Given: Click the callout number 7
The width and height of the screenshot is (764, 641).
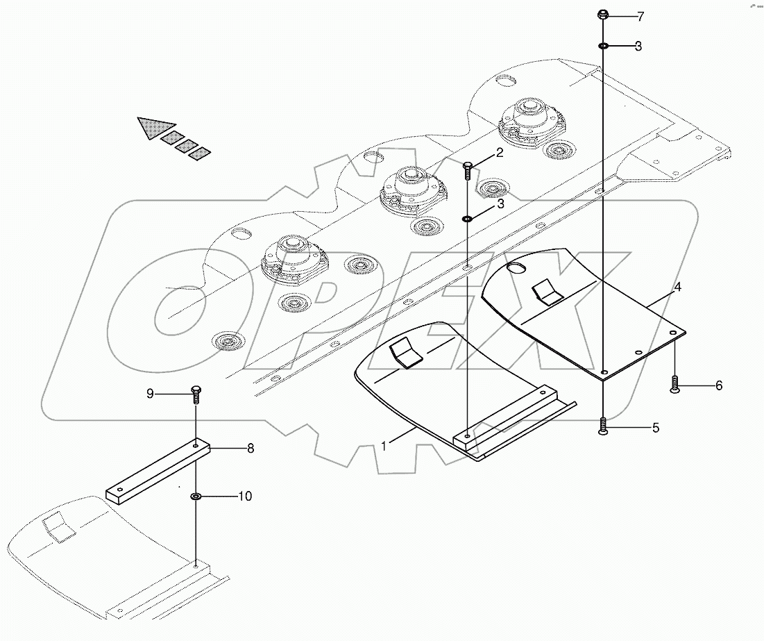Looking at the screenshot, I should tap(640, 15).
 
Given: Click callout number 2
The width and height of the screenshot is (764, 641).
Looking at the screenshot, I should tap(499, 153).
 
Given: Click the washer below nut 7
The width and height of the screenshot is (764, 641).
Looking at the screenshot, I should tap(604, 47).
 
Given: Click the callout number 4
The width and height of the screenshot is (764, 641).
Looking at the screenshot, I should tap(678, 285).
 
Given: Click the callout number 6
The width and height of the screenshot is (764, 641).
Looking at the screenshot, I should tap(718, 385).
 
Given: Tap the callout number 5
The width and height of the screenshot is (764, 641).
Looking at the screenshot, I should tap(655, 428).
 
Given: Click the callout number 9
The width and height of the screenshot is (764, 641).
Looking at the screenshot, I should tap(149, 394).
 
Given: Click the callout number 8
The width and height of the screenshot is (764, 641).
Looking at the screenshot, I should tap(250, 449).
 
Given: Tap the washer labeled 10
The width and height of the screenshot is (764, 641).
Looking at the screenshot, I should tap(196, 497).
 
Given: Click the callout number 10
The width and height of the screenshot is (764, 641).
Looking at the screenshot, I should tap(245, 497).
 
